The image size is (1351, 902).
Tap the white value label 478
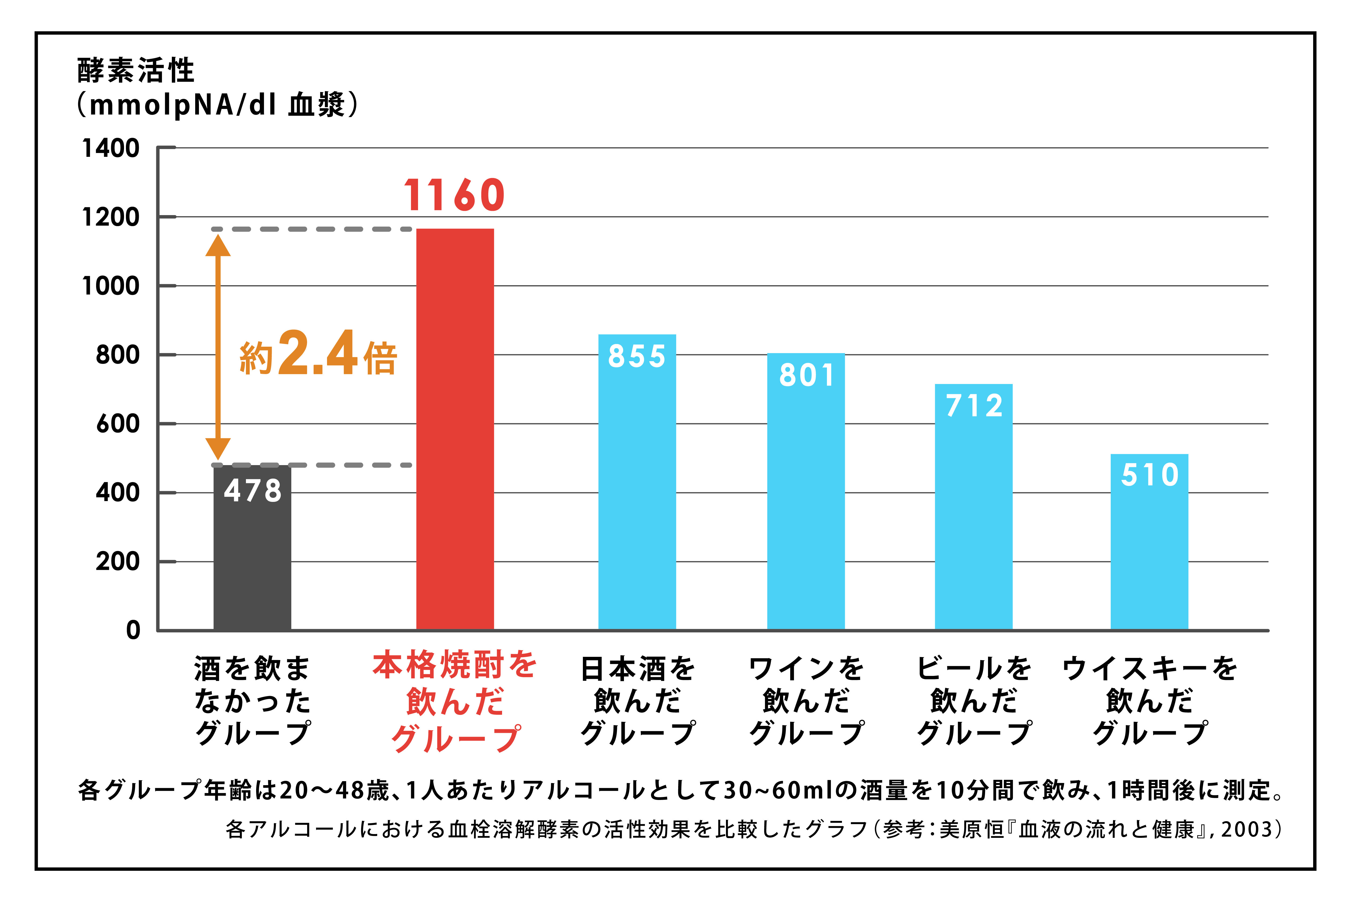click(252, 491)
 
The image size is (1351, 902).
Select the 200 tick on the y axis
click(117, 562)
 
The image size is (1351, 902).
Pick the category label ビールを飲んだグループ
click(974, 701)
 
